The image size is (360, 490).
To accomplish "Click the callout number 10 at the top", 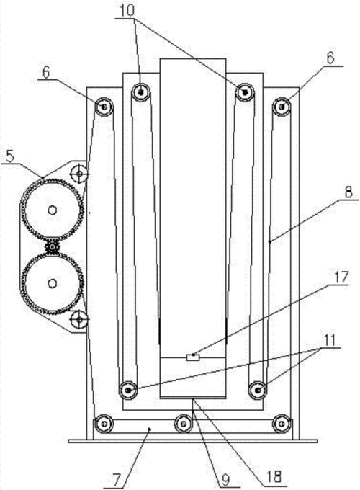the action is [x=127, y=11].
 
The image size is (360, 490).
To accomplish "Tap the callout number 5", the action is [x=10, y=156].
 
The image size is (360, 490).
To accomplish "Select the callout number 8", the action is [x=348, y=192].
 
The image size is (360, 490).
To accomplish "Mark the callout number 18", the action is [x=274, y=476].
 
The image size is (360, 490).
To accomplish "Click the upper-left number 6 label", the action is [x=46, y=73].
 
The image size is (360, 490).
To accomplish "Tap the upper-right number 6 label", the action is [x=330, y=58].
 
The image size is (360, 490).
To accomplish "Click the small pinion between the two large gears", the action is [x=52, y=247].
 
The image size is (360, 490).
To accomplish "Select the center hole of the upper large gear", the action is [x=52, y=210].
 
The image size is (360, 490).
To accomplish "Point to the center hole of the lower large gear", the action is [x=52, y=283].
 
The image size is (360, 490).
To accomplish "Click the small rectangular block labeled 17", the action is [x=193, y=357].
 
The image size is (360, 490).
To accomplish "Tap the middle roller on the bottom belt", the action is [x=184, y=424].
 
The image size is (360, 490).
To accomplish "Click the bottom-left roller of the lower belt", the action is [x=104, y=424].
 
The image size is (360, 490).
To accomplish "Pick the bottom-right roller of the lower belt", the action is [x=282, y=424].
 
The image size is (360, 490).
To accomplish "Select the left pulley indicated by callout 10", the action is [x=140, y=92].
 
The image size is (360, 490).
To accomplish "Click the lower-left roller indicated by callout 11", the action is [x=128, y=390].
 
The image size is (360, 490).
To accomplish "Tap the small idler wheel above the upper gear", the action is [x=78, y=172].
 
